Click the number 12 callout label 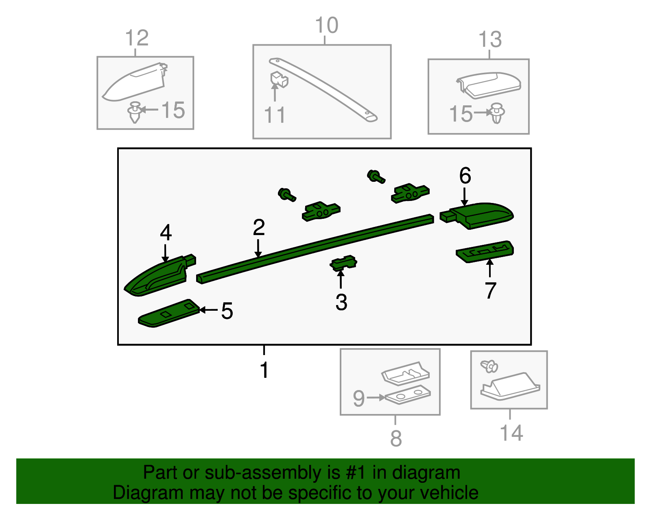coord(137,38)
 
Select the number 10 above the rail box coord(326,25)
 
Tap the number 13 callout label coord(490,40)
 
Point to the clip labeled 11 coord(279,79)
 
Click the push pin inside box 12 coord(135,112)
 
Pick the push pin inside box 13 coord(497,113)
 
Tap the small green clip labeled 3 coord(343,263)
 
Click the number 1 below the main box coord(264,370)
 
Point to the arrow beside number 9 coord(376,397)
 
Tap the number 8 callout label coord(396,438)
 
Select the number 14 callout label coord(511,433)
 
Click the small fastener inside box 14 coord(489,366)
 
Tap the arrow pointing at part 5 coord(209,310)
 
